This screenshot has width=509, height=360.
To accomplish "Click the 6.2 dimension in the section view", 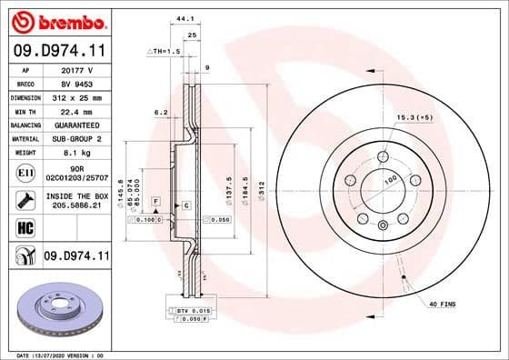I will point(161,113).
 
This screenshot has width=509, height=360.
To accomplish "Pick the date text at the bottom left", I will point(55,355).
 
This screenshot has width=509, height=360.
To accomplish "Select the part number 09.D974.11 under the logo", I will point(57,49).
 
